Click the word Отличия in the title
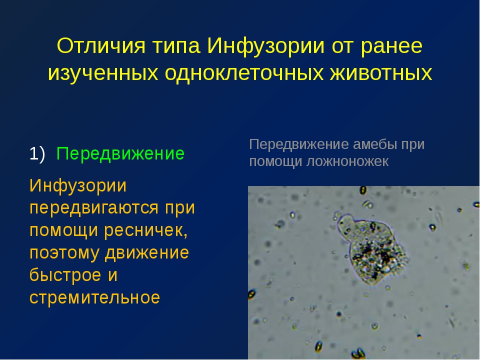point(101,46)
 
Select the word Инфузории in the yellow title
point(265,46)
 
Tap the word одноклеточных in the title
point(244,73)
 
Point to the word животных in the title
point(381,73)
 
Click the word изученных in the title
point(103,74)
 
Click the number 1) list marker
point(37,153)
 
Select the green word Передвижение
point(120,154)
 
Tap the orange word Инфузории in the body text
point(78,186)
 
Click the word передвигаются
point(93,208)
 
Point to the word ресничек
point(145,231)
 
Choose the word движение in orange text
point(147,253)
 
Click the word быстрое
point(65,275)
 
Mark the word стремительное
point(94,297)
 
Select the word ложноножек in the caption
point(347,161)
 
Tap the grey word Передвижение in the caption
point(299,145)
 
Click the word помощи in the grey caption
point(275,162)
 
